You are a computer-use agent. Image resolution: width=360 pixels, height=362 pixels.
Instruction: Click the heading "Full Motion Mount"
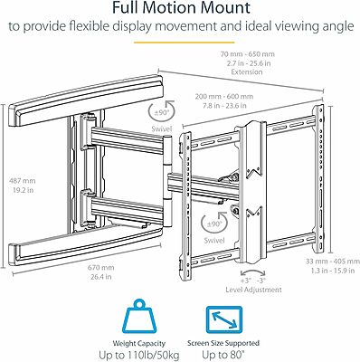coord(179,10)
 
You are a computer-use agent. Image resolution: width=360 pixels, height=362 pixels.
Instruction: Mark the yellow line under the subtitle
coord(179,40)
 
